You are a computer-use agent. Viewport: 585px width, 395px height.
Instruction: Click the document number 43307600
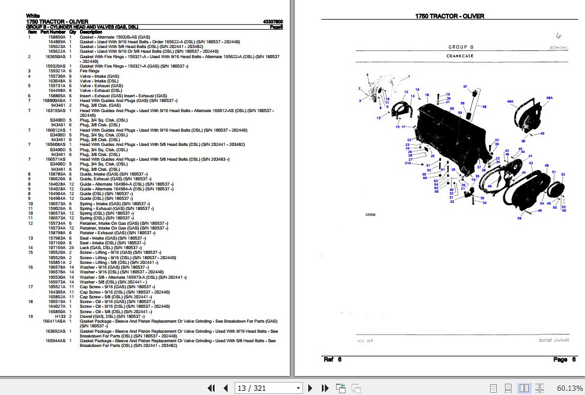click(273, 22)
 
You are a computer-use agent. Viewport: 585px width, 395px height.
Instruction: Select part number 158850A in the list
click(57, 37)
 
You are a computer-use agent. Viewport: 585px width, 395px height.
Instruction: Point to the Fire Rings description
click(89, 71)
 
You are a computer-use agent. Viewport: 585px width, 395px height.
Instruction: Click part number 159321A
click(57, 71)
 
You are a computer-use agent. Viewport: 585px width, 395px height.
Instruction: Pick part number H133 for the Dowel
click(60, 316)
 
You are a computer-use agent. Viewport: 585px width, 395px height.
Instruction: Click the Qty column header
click(72, 32)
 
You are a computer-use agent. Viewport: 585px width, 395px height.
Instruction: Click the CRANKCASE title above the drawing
click(459, 56)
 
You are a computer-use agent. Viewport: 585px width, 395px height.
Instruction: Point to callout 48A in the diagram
click(549, 98)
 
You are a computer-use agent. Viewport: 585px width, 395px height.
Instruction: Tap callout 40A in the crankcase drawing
click(510, 101)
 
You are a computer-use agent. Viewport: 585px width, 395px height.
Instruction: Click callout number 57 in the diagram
click(466, 87)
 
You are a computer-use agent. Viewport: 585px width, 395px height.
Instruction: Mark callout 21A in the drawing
click(408, 163)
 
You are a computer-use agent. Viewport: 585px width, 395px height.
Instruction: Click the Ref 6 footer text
click(333, 359)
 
